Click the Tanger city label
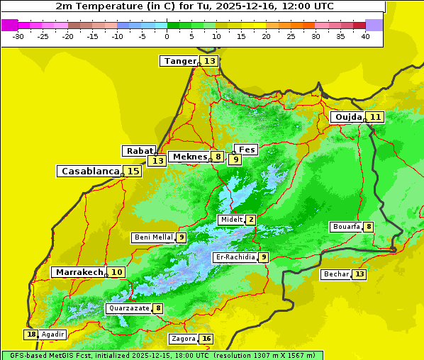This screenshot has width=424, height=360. click(x=179, y=61)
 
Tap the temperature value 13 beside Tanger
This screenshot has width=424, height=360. click(x=210, y=61)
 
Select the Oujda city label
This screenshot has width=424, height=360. click(x=348, y=117)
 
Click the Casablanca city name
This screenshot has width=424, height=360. click(x=89, y=171)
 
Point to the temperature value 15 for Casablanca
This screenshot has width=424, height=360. click(x=133, y=171)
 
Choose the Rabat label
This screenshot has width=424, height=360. click(x=139, y=151)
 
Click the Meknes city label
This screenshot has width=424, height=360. click(x=189, y=157)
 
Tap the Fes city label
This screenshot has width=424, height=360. click(x=247, y=150)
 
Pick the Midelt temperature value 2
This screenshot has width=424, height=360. click(x=251, y=220)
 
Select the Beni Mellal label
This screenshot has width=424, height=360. click(x=153, y=237)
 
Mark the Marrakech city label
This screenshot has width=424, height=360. click(x=79, y=272)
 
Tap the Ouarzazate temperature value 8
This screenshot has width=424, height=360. click(x=158, y=308)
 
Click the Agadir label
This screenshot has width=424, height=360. click(x=52, y=334)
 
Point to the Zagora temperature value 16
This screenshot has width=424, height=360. click(x=206, y=339)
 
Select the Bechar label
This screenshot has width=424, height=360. click(x=336, y=274)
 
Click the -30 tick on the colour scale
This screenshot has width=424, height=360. click(x=19, y=36)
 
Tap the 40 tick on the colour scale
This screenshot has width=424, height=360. click(x=365, y=36)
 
